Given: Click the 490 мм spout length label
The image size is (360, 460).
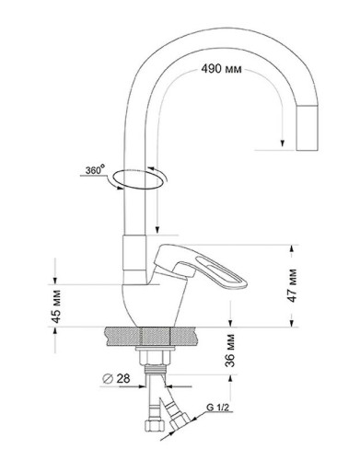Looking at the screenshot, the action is click(221, 69).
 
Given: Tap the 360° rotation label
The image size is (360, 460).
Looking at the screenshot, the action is click(95, 169).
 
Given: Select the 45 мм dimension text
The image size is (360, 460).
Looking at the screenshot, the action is click(56, 306).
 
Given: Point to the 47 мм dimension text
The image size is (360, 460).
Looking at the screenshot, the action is click(293, 285).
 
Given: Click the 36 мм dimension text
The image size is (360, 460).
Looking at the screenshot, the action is click(230, 351).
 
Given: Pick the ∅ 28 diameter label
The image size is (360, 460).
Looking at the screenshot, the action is click(116, 378).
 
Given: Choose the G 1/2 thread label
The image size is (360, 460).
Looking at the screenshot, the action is click(217, 408).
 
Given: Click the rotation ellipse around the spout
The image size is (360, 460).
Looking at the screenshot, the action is click(138, 178).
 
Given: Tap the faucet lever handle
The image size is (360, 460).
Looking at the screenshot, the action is click(200, 267).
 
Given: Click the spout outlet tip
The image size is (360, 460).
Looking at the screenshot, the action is click(307, 128).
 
